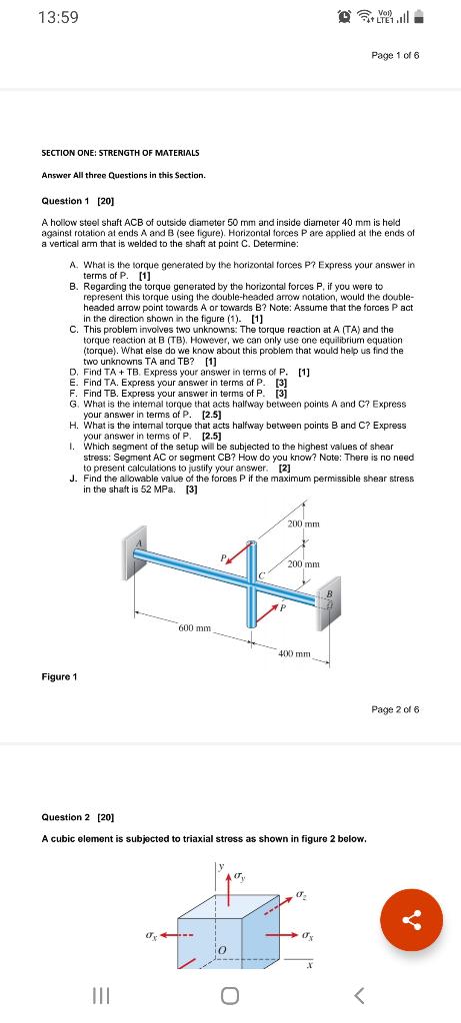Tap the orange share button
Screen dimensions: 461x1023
pos(411,920)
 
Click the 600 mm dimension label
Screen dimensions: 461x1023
pos(195,627)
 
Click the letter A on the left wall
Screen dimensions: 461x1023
pos(139,542)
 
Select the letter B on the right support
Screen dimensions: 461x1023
pos(330,594)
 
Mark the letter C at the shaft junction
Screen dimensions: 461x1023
pos(262,574)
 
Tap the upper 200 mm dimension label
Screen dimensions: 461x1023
pos(304,523)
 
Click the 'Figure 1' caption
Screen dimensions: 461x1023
pos(59,676)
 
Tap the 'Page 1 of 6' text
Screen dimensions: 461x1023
pos(395,56)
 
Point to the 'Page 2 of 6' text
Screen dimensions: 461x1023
pos(395,708)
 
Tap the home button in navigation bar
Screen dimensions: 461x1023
pos(229,996)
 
